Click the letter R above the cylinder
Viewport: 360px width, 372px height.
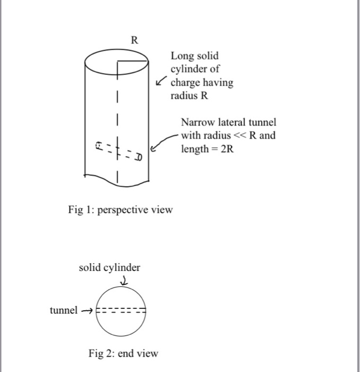tap(134, 40)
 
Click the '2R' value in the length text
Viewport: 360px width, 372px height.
tap(226, 149)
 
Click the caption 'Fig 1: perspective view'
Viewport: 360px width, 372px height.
tap(121, 209)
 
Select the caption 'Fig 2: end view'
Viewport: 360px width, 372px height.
tap(123, 353)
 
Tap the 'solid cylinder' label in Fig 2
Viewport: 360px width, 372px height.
tap(110, 267)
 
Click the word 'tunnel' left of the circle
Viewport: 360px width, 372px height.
tap(64, 310)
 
